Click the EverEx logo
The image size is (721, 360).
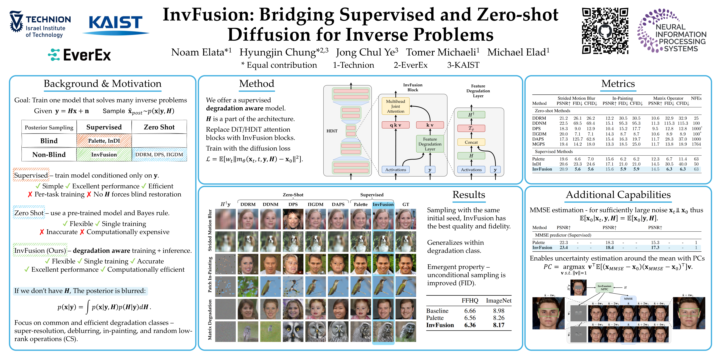80,55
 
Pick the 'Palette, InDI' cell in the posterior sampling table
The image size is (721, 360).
104,141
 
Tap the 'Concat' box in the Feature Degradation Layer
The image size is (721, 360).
471,142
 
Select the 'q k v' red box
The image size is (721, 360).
395,125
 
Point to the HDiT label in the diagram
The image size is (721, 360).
332,131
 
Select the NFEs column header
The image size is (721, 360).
696,98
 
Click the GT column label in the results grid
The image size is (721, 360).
406,204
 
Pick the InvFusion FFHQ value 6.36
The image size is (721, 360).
470,325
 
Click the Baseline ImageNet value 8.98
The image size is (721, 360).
498,311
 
